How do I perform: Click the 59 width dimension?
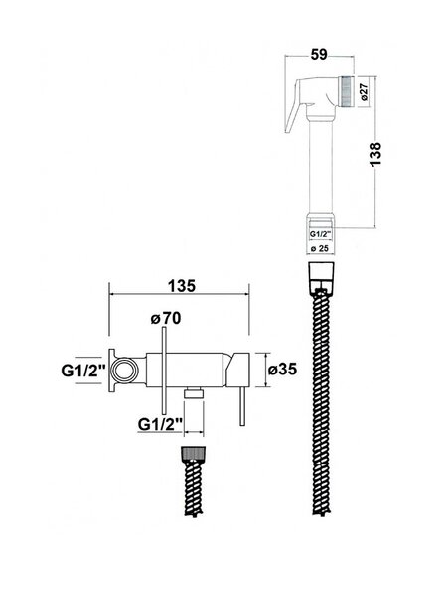point(319,55)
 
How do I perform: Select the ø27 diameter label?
point(365,92)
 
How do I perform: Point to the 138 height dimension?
point(375,154)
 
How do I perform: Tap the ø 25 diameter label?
point(320,249)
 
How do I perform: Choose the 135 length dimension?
point(182,286)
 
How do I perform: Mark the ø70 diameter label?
point(166,318)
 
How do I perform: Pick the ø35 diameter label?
point(282,369)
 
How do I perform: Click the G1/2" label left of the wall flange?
point(83,371)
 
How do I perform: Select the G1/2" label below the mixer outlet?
point(161,424)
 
